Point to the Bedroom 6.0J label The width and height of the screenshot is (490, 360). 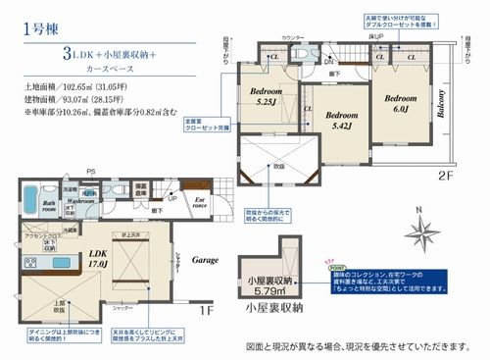(x=402, y=104)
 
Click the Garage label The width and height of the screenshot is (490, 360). (x=204, y=262)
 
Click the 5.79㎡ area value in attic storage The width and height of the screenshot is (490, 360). (x=266, y=291)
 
